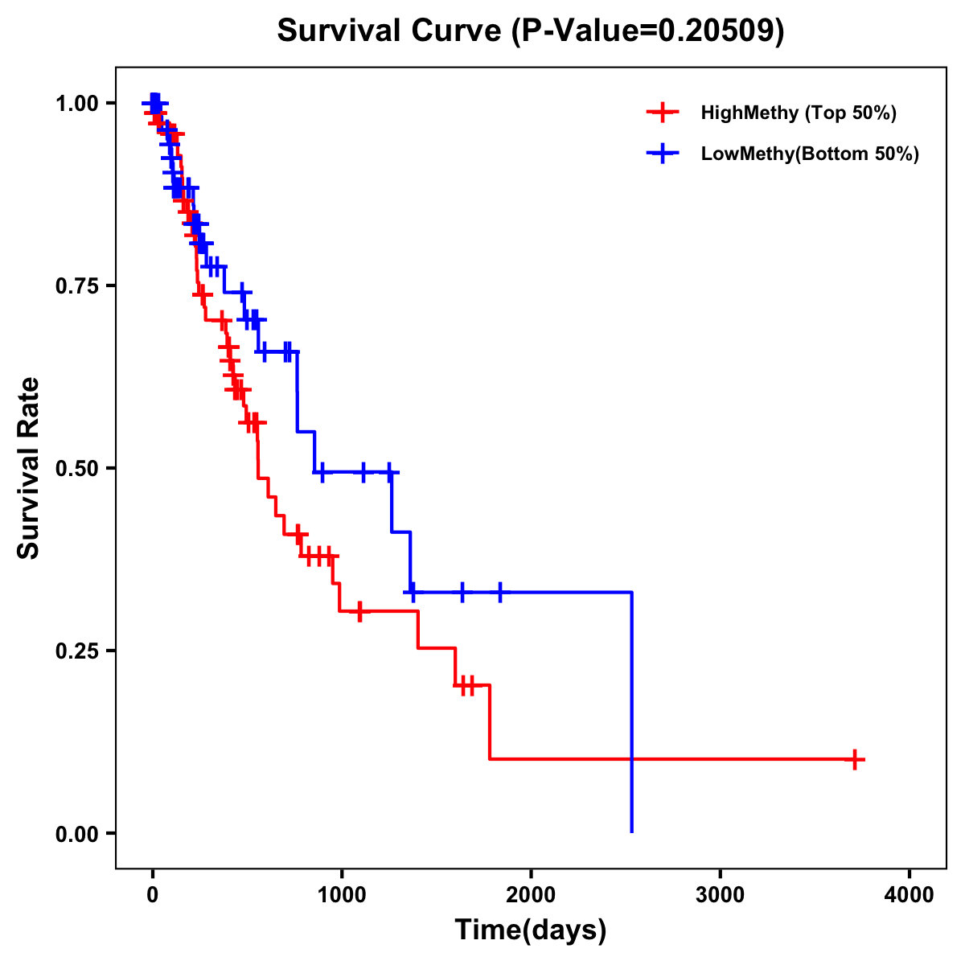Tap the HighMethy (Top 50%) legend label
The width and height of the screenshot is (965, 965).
[798, 113]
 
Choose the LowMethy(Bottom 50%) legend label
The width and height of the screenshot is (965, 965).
[810, 154]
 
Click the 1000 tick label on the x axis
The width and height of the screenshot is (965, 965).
[342, 895]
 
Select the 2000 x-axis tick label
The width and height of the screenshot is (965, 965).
[531, 895]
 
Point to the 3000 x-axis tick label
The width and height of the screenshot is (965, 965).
[720, 895]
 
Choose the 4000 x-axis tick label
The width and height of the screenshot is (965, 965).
[910, 895]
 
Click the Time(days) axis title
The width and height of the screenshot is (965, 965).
[531, 930]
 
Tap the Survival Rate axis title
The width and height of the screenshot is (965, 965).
[29, 468]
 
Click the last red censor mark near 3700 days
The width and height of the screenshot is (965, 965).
[855, 759]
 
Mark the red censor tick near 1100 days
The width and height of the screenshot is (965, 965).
[359, 612]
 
